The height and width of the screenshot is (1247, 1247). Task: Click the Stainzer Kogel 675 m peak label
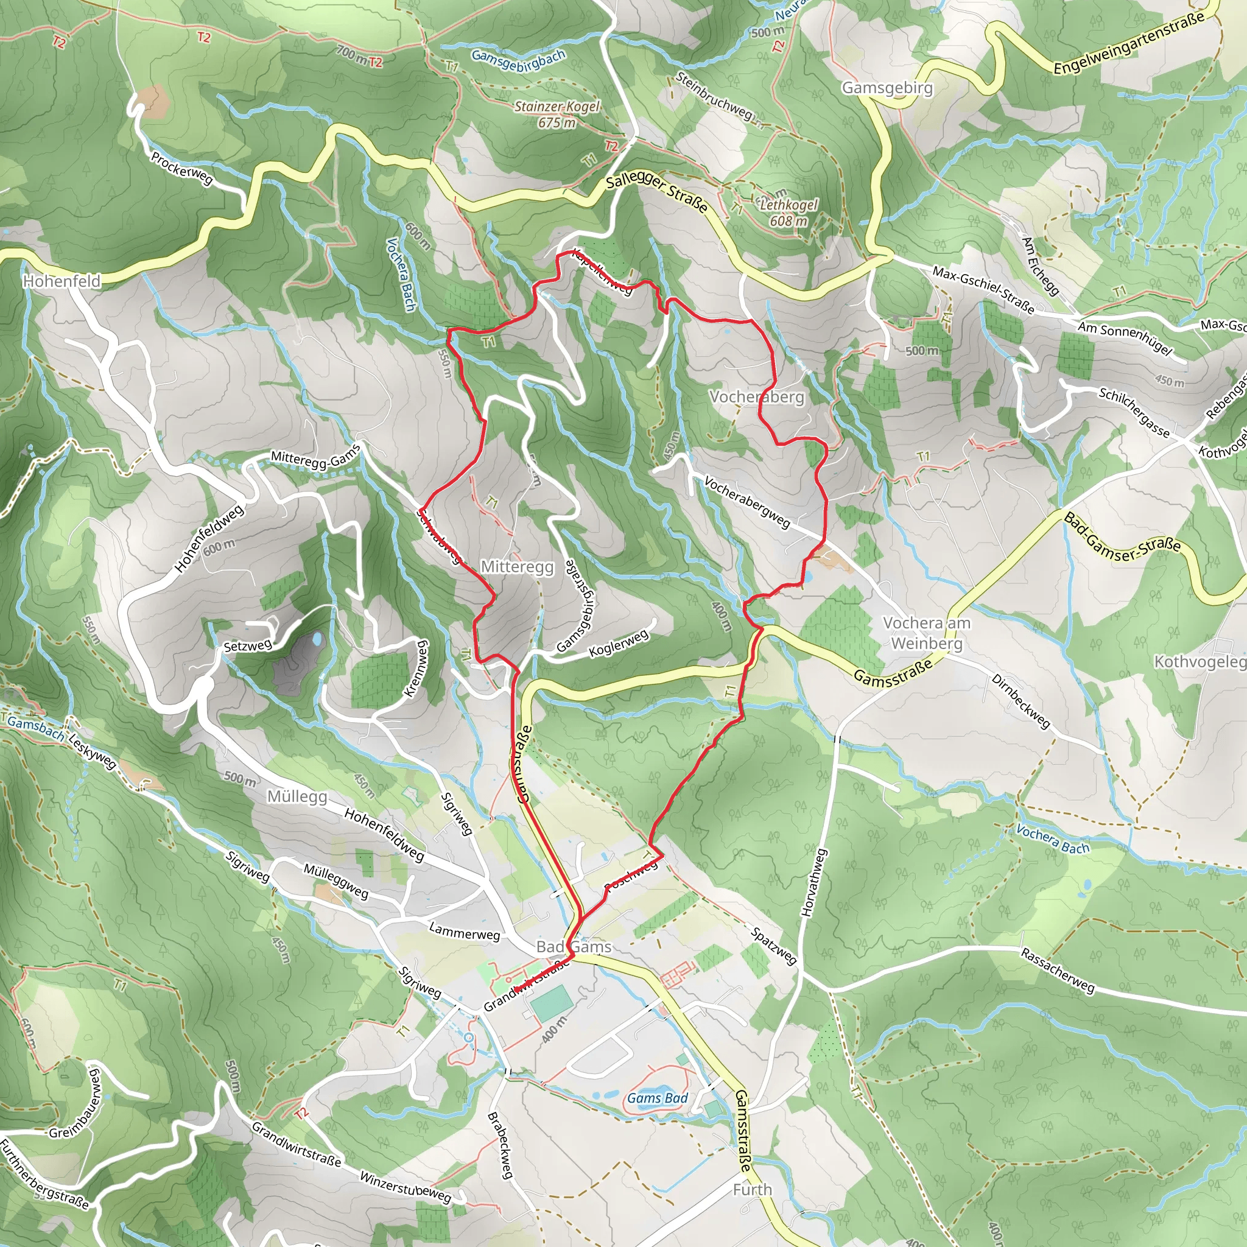tap(557, 114)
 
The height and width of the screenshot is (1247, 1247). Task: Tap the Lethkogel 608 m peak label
tap(788, 213)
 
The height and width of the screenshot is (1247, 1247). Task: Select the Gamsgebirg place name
tap(887, 88)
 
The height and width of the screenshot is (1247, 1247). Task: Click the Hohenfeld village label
tap(62, 281)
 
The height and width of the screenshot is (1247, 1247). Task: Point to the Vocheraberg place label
tap(756, 397)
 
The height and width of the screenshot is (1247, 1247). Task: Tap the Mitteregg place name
tap(517, 567)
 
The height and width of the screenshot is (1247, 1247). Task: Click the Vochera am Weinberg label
tap(926, 633)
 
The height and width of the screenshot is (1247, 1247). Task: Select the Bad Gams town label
tap(574, 947)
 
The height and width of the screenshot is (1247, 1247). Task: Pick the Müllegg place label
tap(297, 796)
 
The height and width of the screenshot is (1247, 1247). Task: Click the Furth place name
tap(752, 1190)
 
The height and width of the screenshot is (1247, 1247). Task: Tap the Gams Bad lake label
tap(657, 1098)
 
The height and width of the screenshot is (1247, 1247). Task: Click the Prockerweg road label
tap(181, 169)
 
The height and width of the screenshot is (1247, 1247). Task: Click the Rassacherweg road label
tap(1057, 970)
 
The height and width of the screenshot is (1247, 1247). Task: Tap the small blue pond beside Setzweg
tap(316, 640)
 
